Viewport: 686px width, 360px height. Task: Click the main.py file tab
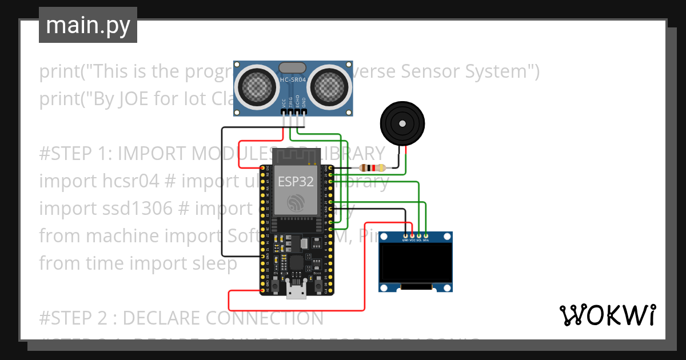87,25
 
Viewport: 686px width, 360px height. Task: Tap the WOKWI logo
607,315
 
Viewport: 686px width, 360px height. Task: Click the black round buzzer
403,122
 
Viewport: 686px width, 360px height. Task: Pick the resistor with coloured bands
372,168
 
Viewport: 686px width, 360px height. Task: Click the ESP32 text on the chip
296,181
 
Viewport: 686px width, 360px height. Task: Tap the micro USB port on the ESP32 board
296,292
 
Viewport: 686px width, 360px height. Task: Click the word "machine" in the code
127,235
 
